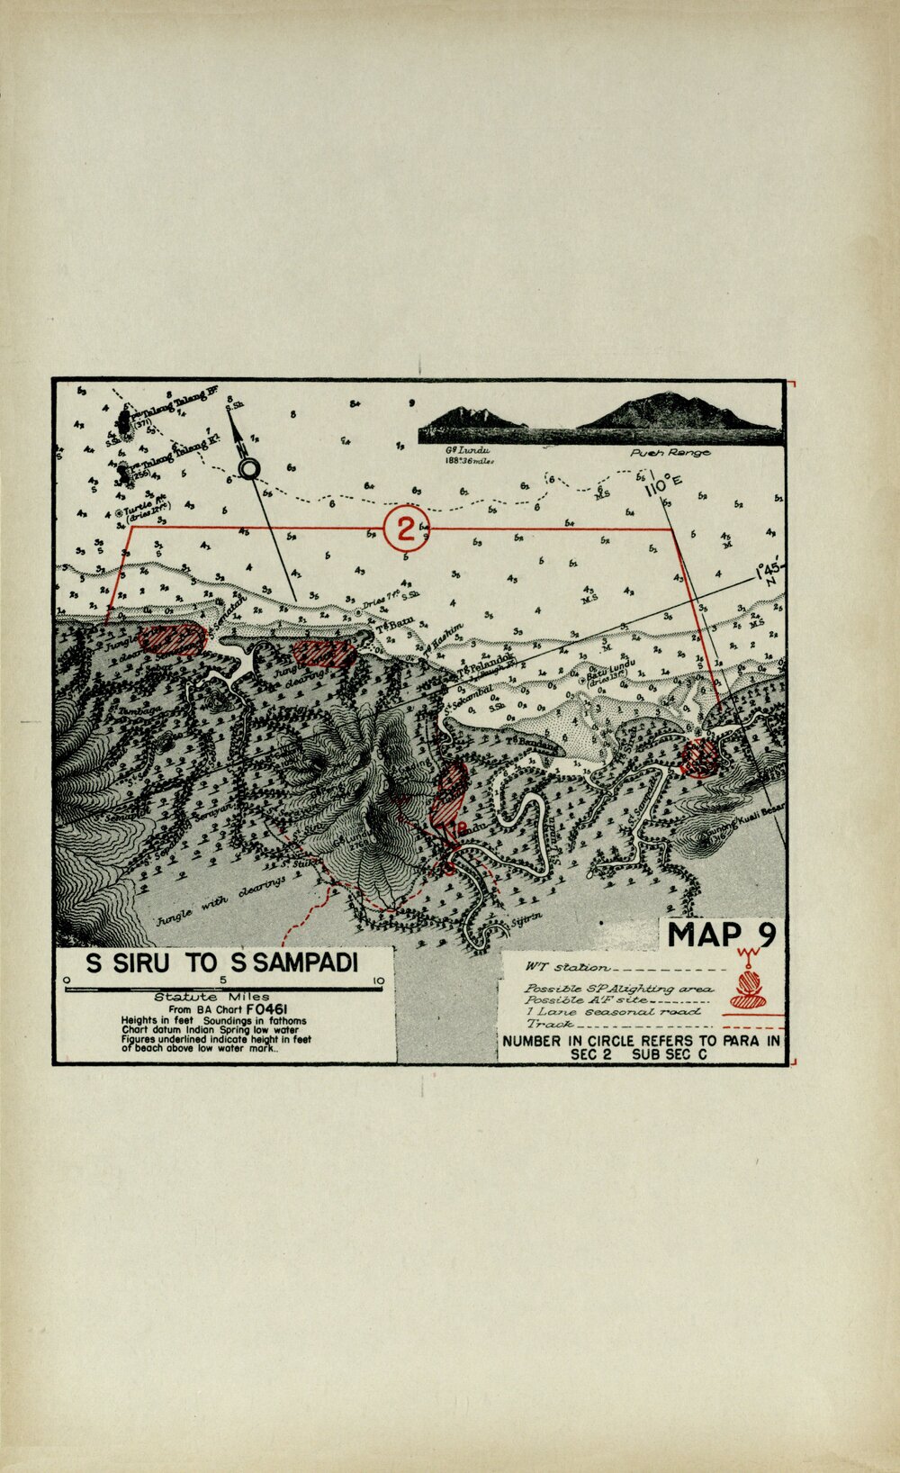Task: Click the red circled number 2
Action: tap(406, 528)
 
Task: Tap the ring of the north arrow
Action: tap(249, 468)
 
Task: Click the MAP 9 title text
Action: tap(722, 935)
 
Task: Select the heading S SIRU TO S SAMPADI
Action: tap(221, 962)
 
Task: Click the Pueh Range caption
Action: tap(670, 453)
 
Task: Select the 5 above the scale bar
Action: tap(222, 980)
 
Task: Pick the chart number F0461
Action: tap(272, 1009)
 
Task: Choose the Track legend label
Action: tap(551, 1024)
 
